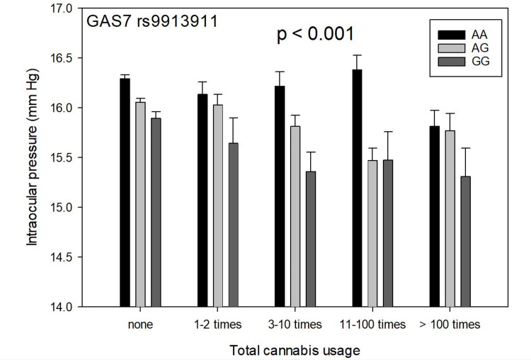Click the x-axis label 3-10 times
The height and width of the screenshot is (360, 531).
pyautogui.click(x=295, y=325)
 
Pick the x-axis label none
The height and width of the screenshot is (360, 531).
pyautogui.click(x=139, y=325)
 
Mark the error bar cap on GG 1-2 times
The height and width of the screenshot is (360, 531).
pyautogui.click(x=233, y=118)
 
